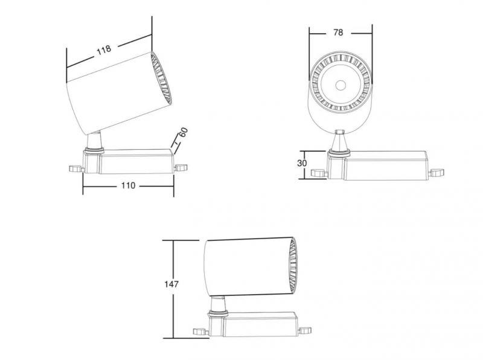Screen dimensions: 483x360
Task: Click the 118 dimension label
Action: point(104,50)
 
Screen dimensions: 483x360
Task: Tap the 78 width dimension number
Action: point(338,33)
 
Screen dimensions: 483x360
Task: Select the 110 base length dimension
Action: point(128,185)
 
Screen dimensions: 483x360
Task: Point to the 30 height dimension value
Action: point(302,163)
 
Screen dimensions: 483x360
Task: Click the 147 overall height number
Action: point(171,284)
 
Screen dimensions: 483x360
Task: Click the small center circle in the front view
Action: point(341,85)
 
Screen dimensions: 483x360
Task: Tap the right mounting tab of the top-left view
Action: point(181,168)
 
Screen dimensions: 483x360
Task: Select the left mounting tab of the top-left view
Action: point(76,169)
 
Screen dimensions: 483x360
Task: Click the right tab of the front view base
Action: point(437,172)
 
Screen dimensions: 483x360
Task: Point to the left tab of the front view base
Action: point(319,173)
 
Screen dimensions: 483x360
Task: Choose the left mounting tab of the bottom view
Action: point(201,332)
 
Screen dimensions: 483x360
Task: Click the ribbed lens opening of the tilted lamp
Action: point(161,79)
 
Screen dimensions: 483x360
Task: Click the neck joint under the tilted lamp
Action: point(94,141)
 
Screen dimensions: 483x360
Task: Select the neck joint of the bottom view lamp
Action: point(218,305)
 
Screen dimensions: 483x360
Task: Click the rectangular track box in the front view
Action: point(385,166)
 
